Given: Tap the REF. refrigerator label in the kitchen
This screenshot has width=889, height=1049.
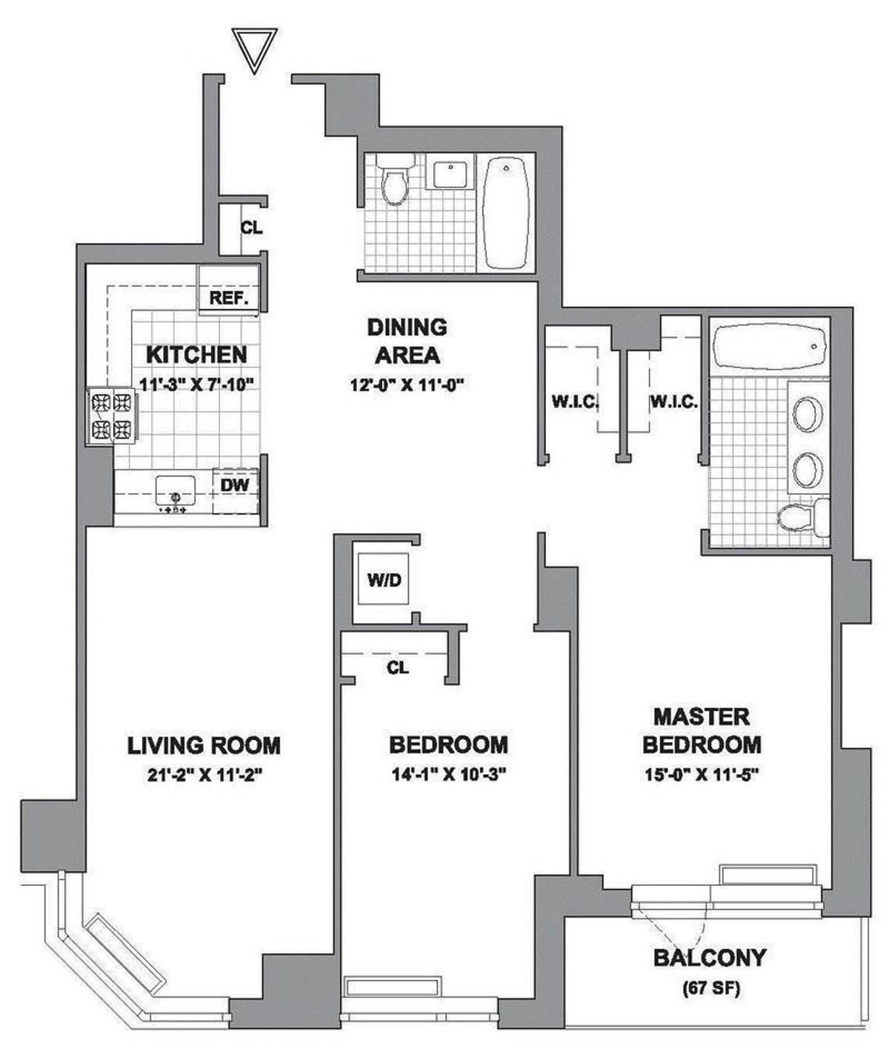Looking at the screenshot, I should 230,299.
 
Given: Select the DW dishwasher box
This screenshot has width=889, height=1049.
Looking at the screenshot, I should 236,485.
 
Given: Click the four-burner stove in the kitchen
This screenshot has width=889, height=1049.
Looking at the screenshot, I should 112,416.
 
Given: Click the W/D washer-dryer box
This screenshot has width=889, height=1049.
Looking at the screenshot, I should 384,580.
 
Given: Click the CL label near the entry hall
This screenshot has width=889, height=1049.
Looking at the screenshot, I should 251,228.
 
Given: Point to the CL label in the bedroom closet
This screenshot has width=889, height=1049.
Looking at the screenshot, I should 398,667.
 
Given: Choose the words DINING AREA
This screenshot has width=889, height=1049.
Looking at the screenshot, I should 407,341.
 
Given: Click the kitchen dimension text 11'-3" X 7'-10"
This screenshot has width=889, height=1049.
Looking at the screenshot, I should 197,384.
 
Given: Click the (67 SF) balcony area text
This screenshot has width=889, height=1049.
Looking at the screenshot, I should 708,988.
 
